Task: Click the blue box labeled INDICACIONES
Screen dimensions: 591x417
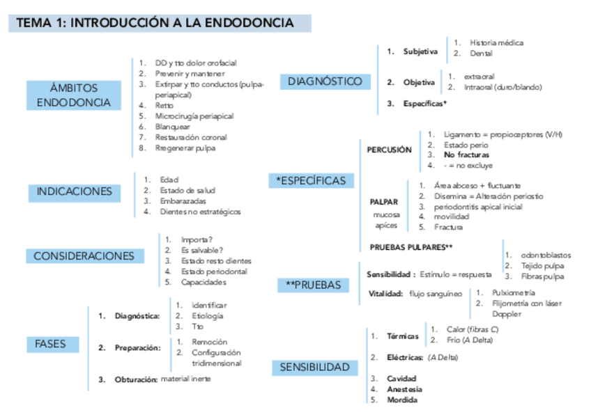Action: pyautogui.click(x=74, y=191)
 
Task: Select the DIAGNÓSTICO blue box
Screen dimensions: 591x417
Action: pyautogui.click(x=325, y=81)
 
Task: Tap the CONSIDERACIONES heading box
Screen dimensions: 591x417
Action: pyautogui.click(x=84, y=256)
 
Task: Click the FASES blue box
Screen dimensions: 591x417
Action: pyautogui.click(x=50, y=344)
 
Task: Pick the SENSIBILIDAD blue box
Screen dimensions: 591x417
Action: pyautogui.click(x=314, y=367)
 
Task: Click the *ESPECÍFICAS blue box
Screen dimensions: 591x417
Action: pyautogui.click(x=311, y=181)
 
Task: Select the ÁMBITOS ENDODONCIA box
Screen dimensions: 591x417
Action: pyautogui.click(x=73, y=95)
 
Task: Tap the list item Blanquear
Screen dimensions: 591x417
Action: pyautogui.click(x=172, y=127)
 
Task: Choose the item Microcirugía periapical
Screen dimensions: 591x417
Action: pyautogui.click(x=194, y=116)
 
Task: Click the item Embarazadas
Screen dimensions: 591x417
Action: pyautogui.click(x=182, y=200)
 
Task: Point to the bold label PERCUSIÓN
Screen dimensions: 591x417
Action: pyautogui.click(x=389, y=150)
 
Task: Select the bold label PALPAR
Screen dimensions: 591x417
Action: pyautogui.click(x=384, y=202)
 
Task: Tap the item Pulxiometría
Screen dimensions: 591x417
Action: pyautogui.click(x=513, y=293)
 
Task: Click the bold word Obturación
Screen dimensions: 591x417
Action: pyautogui.click(x=136, y=379)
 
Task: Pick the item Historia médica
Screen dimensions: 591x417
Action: pyautogui.click(x=496, y=42)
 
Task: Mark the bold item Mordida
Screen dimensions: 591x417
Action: pyautogui.click(x=404, y=400)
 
